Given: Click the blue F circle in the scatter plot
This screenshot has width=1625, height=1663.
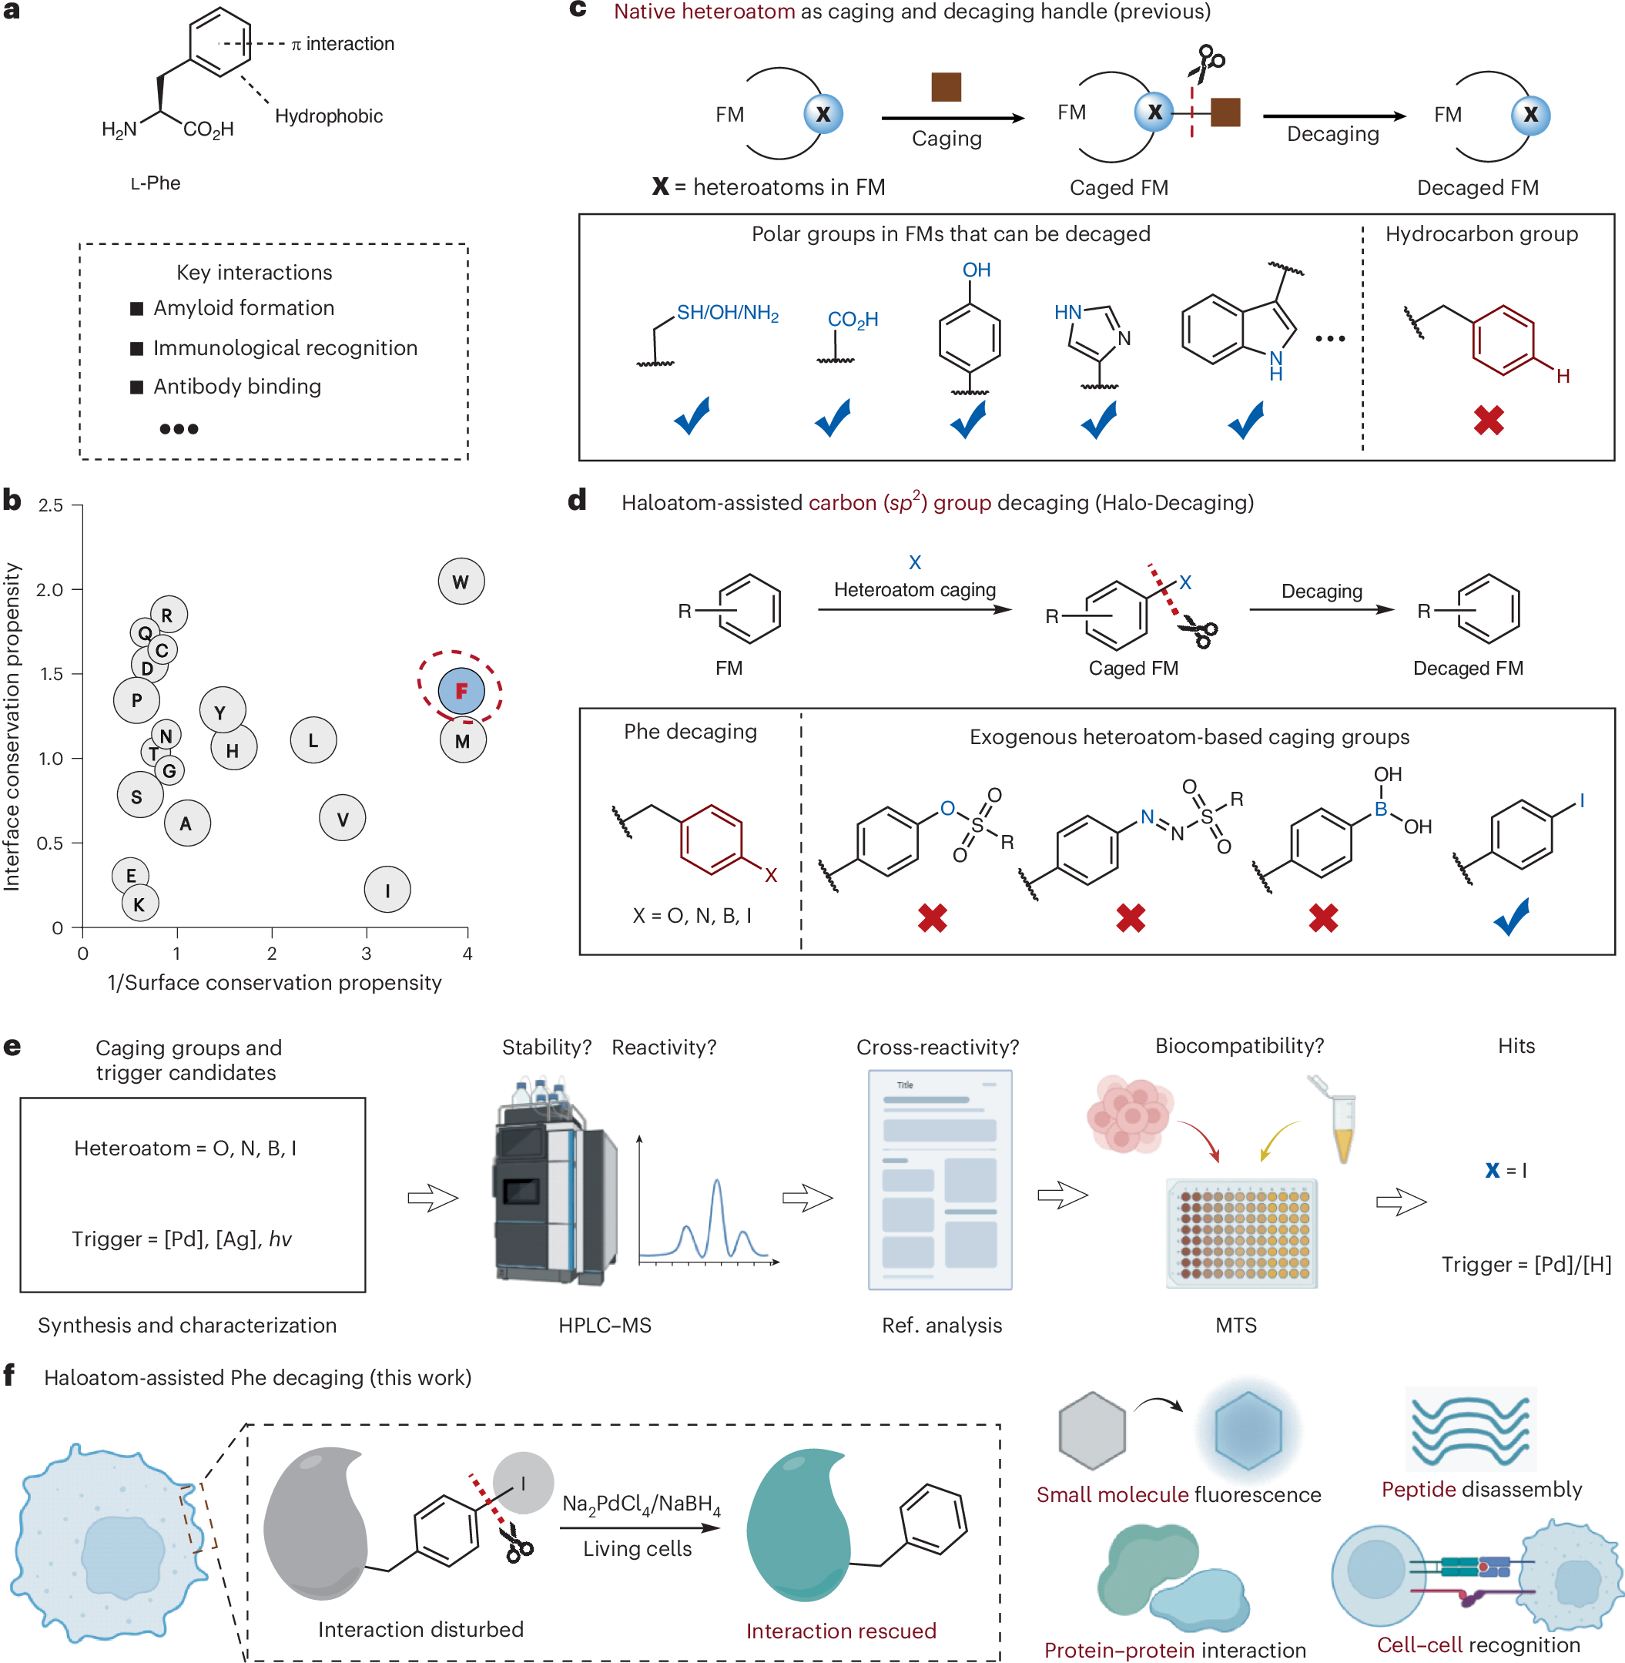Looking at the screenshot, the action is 461,691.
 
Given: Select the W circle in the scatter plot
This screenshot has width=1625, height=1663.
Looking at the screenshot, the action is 461,582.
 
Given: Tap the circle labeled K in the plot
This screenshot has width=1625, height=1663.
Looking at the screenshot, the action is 139,904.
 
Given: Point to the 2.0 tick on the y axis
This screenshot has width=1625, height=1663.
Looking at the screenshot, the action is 50,589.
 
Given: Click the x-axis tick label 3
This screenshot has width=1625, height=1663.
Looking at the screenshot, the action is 366,954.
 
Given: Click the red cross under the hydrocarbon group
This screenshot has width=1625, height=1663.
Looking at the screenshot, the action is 1489,420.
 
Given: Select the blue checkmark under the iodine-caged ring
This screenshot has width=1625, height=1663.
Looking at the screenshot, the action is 1512,916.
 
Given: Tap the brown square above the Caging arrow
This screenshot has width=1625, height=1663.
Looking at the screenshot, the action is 946,86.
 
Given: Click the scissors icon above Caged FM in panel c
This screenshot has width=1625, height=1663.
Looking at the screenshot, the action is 1208,64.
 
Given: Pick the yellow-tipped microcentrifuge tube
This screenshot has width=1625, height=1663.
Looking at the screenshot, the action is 1335,1118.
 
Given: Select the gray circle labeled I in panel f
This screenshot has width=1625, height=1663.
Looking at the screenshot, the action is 523,1484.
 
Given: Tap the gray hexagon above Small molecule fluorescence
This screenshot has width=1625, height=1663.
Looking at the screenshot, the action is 1091,1431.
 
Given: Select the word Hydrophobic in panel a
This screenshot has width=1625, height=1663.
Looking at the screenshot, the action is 329,116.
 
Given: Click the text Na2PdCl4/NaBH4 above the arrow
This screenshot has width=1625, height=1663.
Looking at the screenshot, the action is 641,1505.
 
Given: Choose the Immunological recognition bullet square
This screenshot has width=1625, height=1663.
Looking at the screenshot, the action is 136,348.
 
